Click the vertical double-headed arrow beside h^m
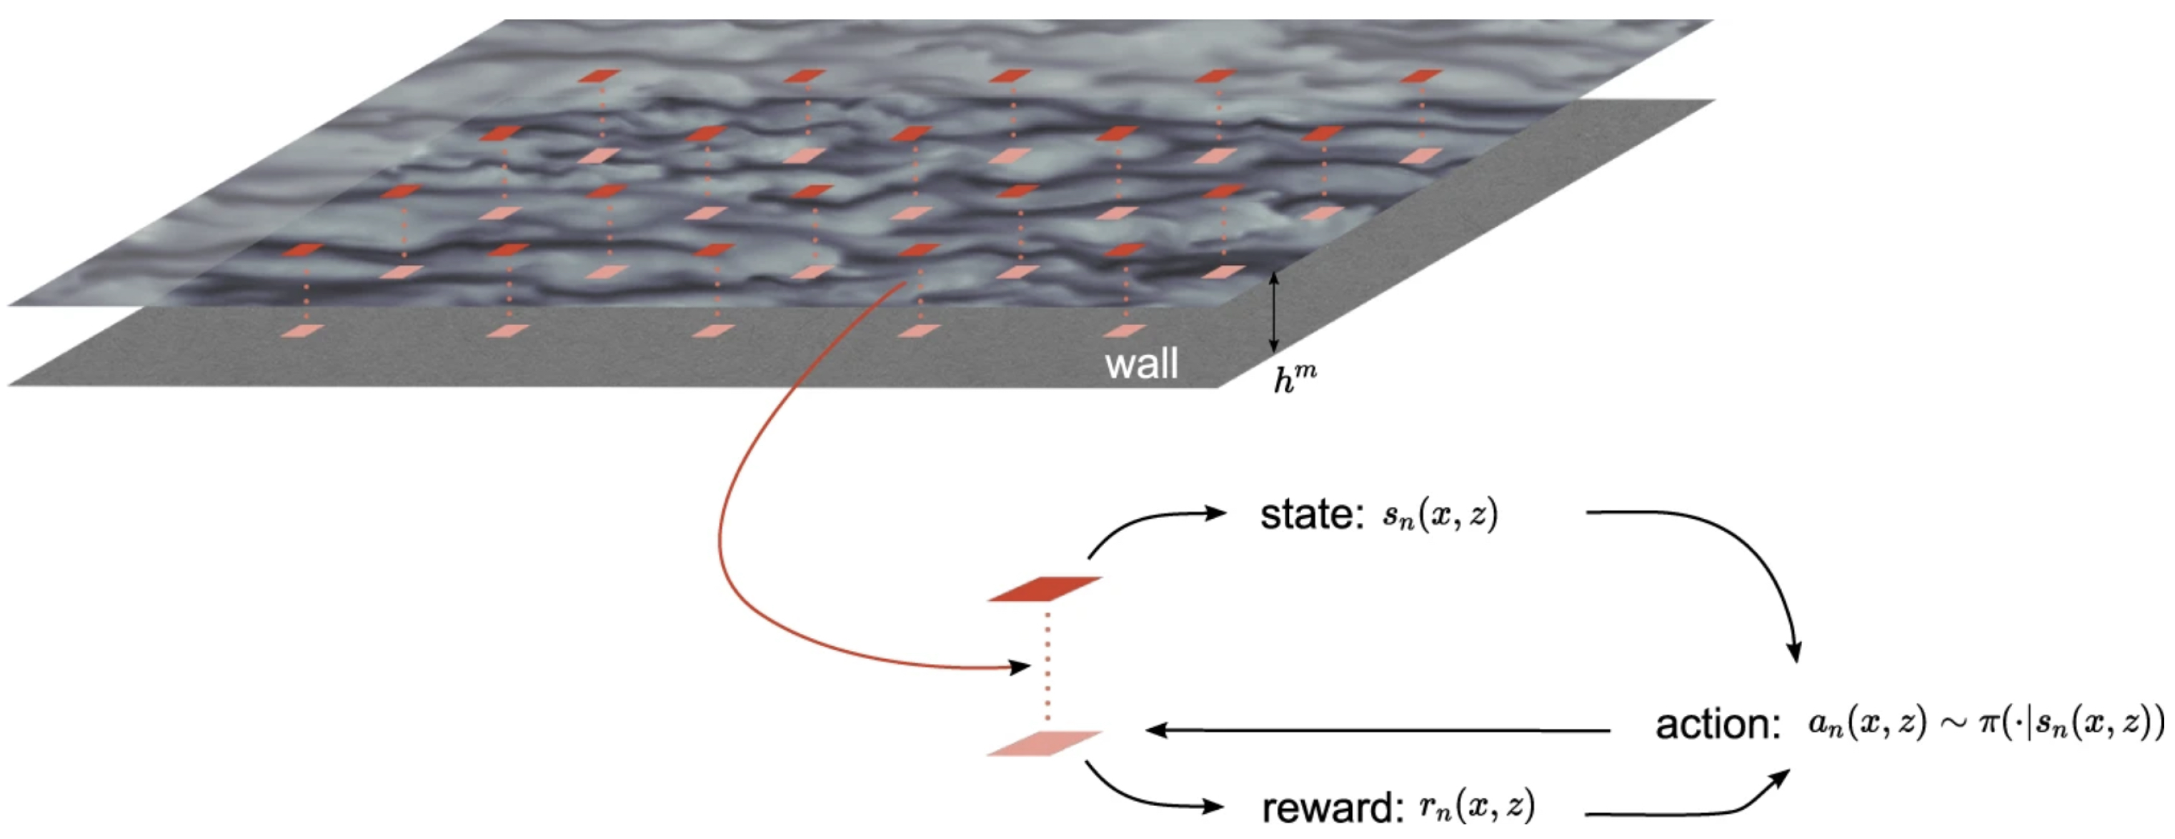pyautogui.click(x=1274, y=312)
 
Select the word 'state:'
pyautogui.click(x=1311, y=515)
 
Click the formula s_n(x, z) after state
pyautogui.click(x=1440, y=515)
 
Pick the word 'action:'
pyautogui.click(x=1718, y=724)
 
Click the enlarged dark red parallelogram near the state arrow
pyautogui.click(x=1045, y=588)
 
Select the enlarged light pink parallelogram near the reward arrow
pyautogui.click(x=1045, y=743)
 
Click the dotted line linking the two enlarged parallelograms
pyautogui.click(x=1047, y=667)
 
